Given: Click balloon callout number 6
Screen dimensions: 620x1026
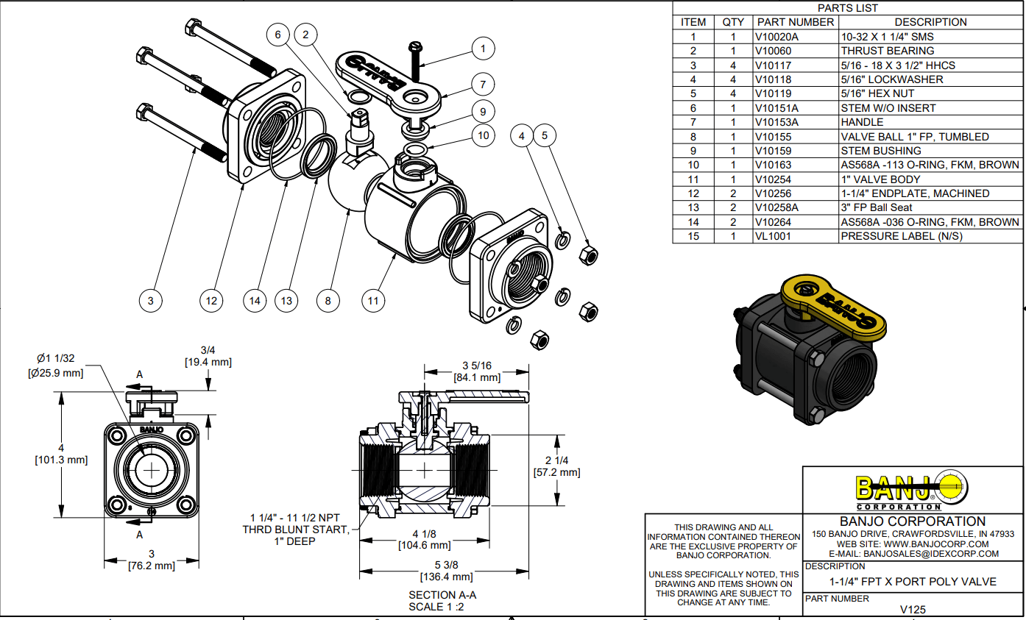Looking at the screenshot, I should (277, 34).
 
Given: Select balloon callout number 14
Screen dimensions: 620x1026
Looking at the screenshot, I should (254, 300).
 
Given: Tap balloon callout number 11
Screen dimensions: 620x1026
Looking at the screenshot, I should (373, 300).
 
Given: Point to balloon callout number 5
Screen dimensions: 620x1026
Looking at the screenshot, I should (545, 135).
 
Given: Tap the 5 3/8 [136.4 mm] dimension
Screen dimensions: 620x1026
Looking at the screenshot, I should (446, 571).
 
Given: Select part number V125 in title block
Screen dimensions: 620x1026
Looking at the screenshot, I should (913, 610).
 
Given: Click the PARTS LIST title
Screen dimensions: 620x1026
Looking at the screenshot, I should (848, 8).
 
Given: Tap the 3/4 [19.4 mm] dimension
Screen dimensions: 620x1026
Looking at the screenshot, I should (208, 356).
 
